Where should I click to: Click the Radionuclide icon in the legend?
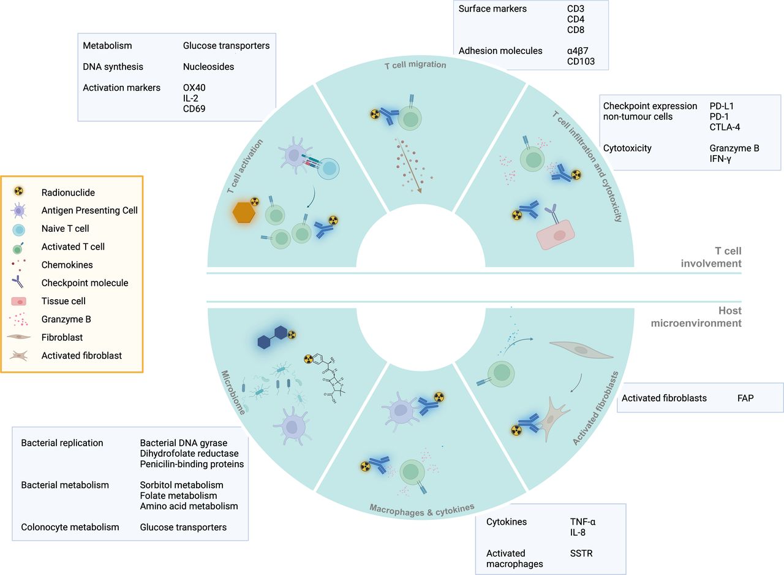pyautogui.click(x=19, y=192)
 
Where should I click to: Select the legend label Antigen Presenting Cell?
pyautogui.click(x=89, y=210)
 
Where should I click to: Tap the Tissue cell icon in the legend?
pyautogui.click(x=19, y=301)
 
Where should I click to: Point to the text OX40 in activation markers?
pyautogui.click(x=195, y=88)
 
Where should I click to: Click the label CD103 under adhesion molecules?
pyautogui.click(x=581, y=61)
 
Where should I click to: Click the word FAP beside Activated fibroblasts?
pyautogui.click(x=745, y=398)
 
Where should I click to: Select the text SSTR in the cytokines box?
pyautogui.click(x=581, y=554)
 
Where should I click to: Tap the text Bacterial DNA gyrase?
pyautogui.click(x=183, y=443)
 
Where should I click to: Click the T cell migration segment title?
pyautogui.click(x=420, y=65)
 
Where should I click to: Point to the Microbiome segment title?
pyautogui.click(x=233, y=392)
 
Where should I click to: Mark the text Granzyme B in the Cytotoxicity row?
pyautogui.click(x=734, y=148)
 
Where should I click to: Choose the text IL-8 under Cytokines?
pyautogui.click(x=578, y=532)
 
